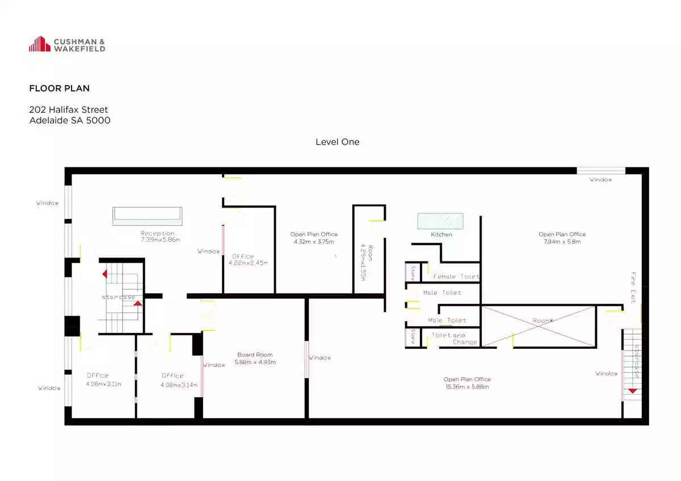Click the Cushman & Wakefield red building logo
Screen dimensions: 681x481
click(40, 44)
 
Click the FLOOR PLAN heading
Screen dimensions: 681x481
click(59, 88)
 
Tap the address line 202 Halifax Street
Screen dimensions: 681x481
click(69, 109)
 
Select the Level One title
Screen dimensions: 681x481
click(338, 142)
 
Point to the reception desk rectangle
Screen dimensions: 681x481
click(148, 216)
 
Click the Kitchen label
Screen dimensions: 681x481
click(442, 235)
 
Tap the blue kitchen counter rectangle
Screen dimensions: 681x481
click(440, 221)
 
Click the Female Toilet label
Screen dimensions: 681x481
click(456, 276)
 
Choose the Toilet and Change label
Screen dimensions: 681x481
click(454, 339)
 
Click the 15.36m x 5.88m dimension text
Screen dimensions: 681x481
click(467, 387)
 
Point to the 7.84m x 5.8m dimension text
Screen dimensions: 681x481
click(562, 242)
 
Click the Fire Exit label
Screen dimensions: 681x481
click(633, 288)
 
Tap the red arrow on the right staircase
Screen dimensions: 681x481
click(632, 391)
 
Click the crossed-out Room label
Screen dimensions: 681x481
click(543, 320)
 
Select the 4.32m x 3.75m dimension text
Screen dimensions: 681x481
click(314, 242)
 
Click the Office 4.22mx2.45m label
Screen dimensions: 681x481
click(248, 260)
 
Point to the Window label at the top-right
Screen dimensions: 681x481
click(601, 180)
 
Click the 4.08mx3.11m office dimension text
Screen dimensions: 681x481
click(104, 384)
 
